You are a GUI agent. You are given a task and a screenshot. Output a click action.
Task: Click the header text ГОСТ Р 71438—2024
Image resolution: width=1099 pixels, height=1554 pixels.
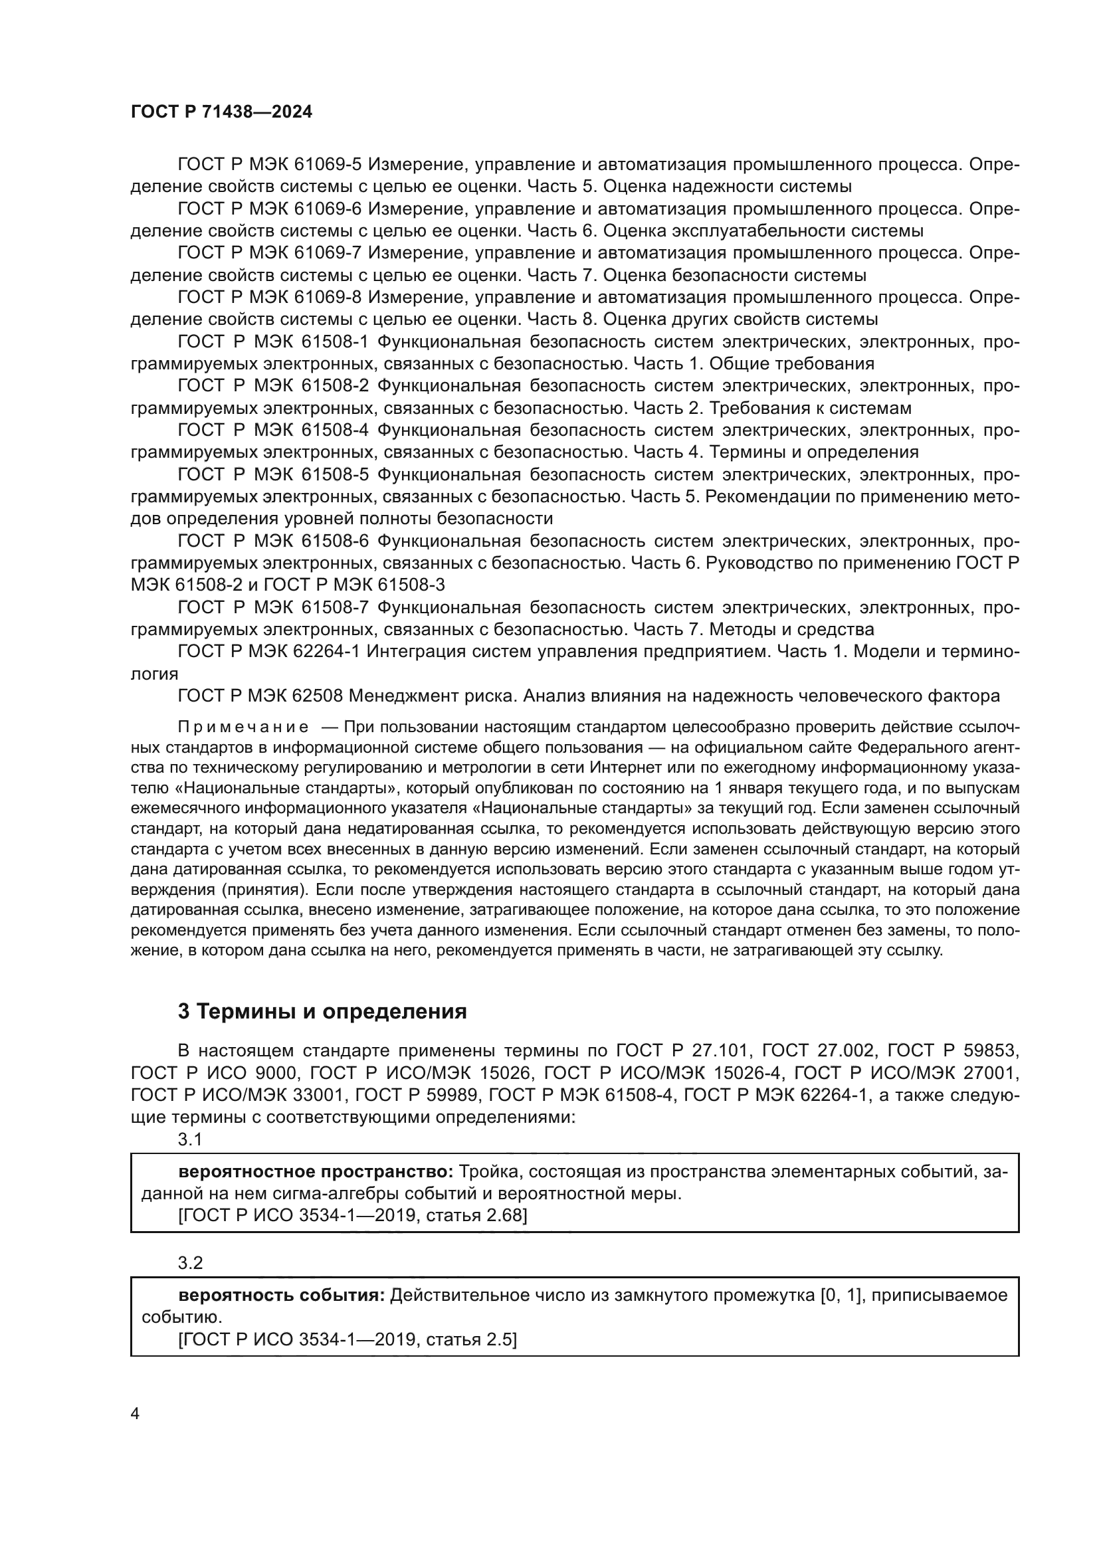click(221, 112)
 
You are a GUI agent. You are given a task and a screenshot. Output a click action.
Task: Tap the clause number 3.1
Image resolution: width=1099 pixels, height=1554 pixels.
click(190, 1140)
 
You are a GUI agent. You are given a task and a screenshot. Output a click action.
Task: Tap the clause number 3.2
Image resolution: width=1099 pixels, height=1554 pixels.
click(190, 1263)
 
